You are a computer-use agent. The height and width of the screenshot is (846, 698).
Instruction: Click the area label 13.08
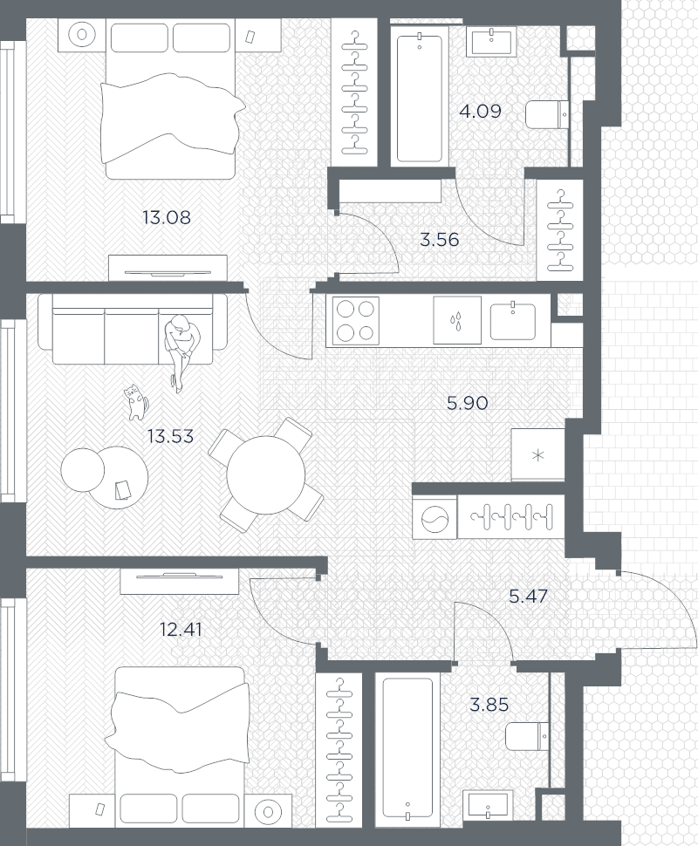[x=166, y=217]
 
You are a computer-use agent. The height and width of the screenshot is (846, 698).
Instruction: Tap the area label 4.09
[x=479, y=112]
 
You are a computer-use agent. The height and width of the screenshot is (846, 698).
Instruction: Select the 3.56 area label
[x=439, y=240]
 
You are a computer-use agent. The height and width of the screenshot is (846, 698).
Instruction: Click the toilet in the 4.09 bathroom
[x=547, y=114]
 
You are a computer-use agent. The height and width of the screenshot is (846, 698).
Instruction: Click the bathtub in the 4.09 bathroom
[x=420, y=97]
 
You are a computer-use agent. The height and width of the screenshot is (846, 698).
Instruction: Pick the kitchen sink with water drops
[x=457, y=320]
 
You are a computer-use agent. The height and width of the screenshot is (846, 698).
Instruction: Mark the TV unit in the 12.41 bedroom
[x=179, y=580]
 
